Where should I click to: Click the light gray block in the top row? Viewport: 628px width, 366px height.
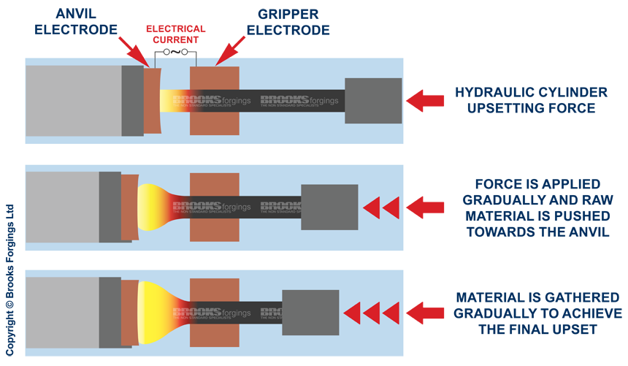73,100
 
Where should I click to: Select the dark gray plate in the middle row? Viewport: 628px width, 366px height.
110,207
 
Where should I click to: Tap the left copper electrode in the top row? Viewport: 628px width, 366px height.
152,100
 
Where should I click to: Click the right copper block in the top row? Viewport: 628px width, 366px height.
215,100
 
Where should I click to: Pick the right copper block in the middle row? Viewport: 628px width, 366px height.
215,207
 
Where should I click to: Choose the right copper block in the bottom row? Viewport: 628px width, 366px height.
215,313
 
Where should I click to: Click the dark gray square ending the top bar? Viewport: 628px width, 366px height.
373,100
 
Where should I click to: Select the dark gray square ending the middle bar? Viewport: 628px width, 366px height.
329,207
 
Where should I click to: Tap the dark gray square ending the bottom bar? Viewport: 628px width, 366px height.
310,313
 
